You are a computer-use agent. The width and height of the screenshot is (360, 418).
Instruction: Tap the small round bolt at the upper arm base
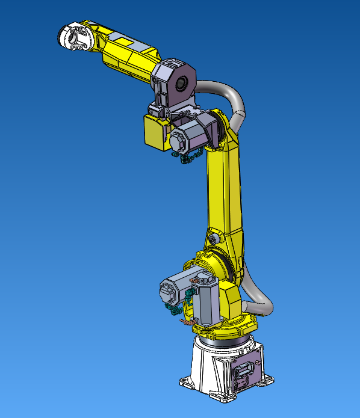[212, 239]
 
